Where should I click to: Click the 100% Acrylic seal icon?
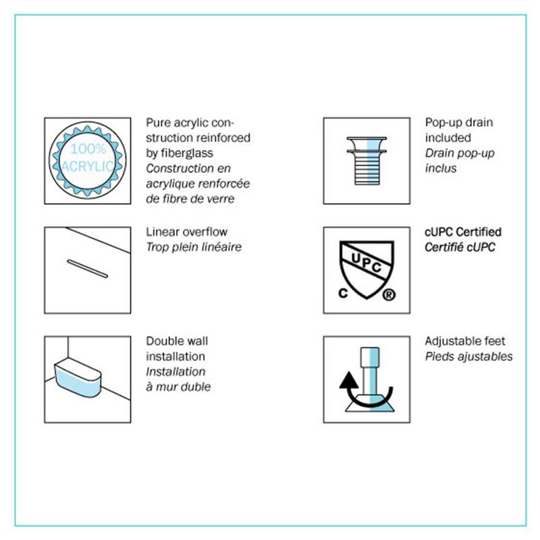(88, 161)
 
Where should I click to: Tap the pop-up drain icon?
(367, 161)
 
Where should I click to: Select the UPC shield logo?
(367, 269)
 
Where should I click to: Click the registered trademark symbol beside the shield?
(389, 295)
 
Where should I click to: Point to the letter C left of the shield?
(343, 293)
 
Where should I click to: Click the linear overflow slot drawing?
(88, 269)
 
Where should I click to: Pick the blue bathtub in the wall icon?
(78, 377)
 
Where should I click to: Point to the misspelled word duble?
(196, 387)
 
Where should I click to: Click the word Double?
(163, 341)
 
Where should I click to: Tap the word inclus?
(441, 168)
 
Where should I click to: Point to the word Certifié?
(441, 247)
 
